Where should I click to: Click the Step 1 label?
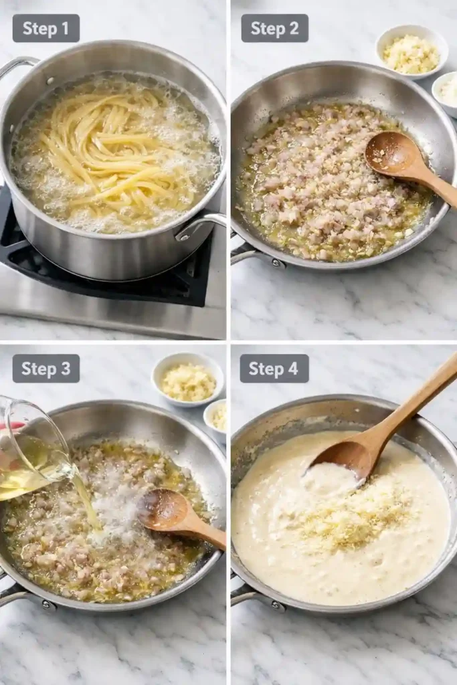(x=45, y=28)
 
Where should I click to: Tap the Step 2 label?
(x=274, y=28)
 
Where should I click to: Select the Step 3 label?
(x=45, y=369)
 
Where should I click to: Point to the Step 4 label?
(x=274, y=369)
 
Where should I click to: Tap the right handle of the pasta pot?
(x=204, y=224)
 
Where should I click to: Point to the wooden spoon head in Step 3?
(x=164, y=510)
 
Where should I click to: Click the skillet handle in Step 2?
(x=254, y=254)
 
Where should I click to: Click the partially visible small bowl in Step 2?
(x=446, y=92)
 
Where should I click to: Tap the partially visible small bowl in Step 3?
(x=216, y=418)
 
